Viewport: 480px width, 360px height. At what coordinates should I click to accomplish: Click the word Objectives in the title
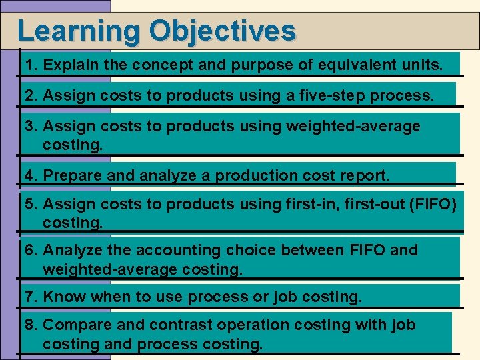point(223,31)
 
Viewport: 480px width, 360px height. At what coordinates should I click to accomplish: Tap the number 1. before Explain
point(31,65)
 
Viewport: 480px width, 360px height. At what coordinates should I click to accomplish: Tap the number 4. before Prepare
point(31,175)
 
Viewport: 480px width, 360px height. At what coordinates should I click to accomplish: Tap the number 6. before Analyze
point(31,250)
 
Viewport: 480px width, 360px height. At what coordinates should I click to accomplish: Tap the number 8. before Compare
point(31,325)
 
